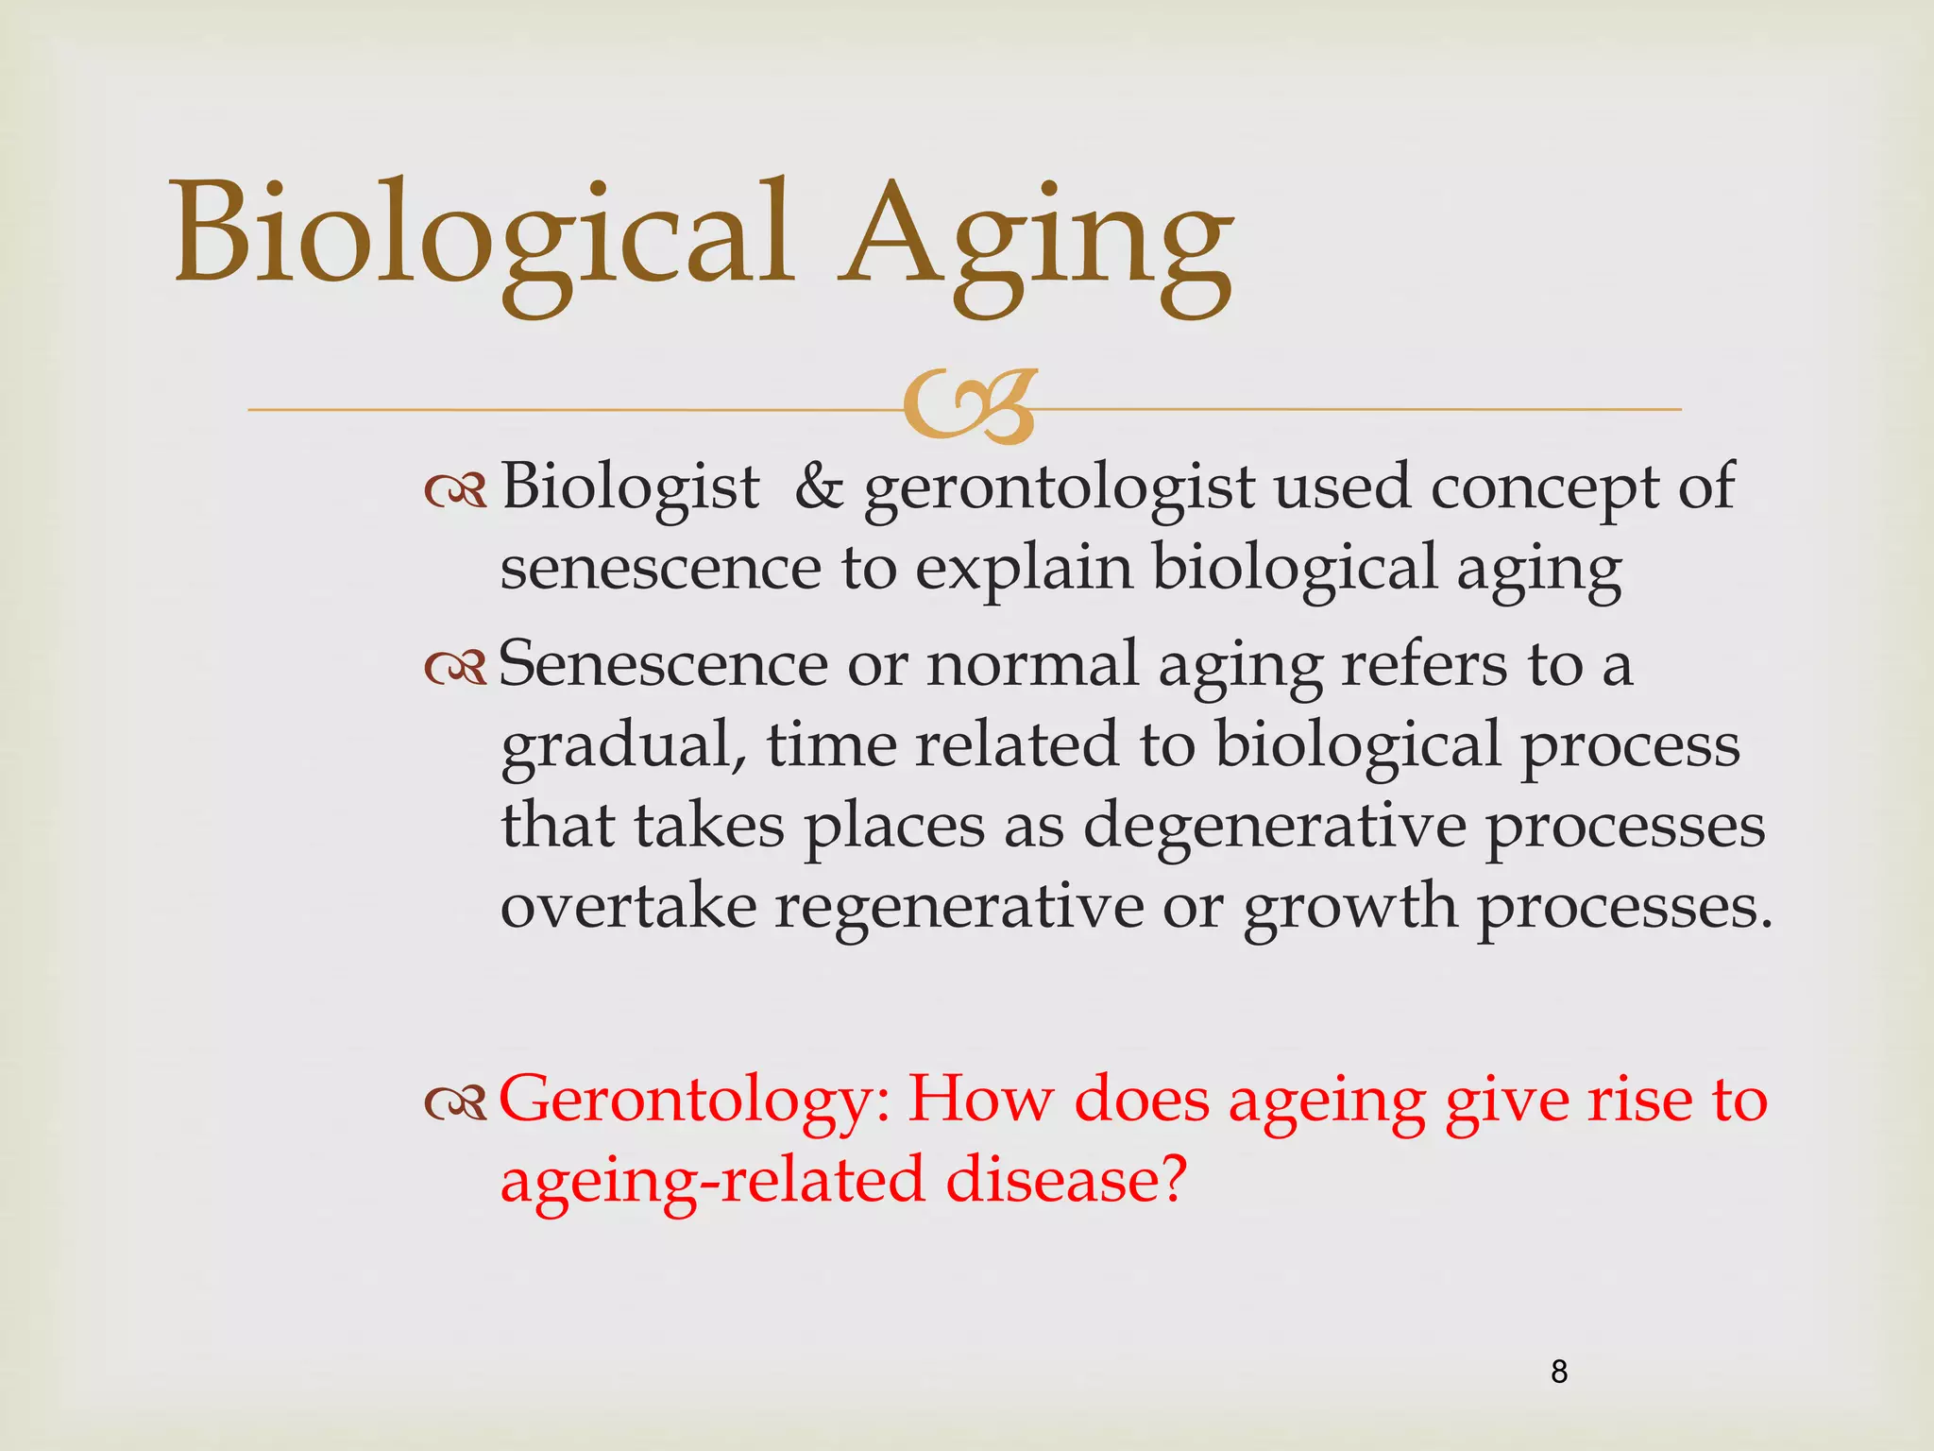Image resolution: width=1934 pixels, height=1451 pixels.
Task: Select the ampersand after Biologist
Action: [x=819, y=487]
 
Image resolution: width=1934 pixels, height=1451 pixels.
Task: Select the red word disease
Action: [x=1064, y=1181]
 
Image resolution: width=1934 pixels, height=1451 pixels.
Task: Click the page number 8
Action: [x=1559, y=1372]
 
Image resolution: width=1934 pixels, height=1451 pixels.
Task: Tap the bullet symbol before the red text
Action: [x=455, y=1102]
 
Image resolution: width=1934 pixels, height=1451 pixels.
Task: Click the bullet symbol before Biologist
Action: [x=455, y=489]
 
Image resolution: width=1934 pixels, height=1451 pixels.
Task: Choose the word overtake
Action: [x=628, y=908]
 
